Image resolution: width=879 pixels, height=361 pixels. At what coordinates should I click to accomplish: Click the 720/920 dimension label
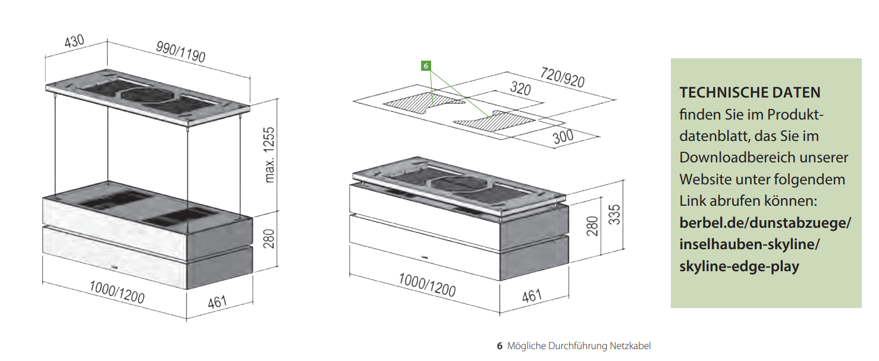coord(562,78)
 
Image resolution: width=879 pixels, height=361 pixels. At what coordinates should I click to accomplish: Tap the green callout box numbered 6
coord(426,66)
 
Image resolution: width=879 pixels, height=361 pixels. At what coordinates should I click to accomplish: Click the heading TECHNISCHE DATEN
coord(750,93)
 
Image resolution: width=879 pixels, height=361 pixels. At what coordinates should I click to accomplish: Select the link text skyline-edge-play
coord(739,266)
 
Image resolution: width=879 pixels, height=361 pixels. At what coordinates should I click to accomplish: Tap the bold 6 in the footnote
coord(500,346)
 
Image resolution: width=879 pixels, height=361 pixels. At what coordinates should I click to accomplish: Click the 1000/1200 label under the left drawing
coord(117,292)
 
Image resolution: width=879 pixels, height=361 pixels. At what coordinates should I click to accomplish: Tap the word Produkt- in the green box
coord(797,114)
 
